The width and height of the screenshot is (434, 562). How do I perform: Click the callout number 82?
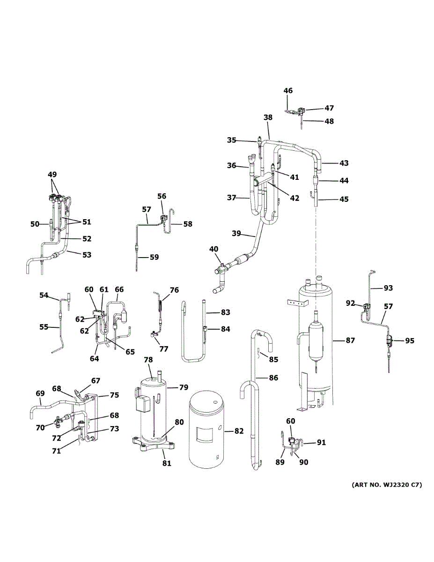pos(239,431)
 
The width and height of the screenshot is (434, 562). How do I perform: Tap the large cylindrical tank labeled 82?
pos(206,431)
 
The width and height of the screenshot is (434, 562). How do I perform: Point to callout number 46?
pos(288,91)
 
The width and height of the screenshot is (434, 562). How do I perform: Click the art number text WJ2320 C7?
pos(387,485)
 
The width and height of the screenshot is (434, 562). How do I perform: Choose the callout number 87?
pos(350,341)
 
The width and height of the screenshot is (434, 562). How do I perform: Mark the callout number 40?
pos(214,249)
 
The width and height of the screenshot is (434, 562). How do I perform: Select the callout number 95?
pos(410,341)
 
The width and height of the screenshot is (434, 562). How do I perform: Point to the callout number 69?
pos(40,394)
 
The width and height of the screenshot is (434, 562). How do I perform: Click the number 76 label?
pos(174,290)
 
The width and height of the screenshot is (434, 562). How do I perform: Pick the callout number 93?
pos(389,288)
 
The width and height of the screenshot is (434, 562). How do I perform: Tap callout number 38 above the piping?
pos(268,118)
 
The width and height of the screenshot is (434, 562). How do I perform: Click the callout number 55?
pos(44,327)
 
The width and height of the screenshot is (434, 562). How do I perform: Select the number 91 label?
pos(321,442)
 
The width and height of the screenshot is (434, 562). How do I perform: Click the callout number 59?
pos(154,257)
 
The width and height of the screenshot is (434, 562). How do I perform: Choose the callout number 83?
pos(226,312)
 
